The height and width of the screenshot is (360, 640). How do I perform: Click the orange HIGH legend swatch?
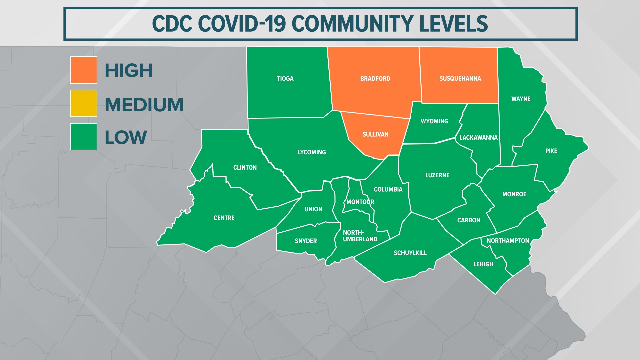(x=83, y=70)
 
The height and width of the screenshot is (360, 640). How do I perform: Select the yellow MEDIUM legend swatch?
(x=83, y=103)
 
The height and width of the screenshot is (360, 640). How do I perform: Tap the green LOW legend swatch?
(x=83, y=137)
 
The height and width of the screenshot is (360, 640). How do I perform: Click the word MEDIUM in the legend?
(x=144, y=105)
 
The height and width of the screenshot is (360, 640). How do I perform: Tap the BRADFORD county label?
(x=375, y=79)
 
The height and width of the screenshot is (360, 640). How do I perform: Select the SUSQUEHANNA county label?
(x=460, y=79)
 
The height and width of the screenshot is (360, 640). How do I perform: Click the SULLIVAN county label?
(x=375, y=134)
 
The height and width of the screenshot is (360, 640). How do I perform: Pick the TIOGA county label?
(x=285, y=79)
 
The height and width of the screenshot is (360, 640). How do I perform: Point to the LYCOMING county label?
(x=312, y=152)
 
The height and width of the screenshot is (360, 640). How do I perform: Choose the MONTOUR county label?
(x=360, y=202)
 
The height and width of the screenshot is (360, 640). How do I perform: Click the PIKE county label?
(x=551, y=151)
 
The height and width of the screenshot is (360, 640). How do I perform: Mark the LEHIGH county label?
(x=483, y=264)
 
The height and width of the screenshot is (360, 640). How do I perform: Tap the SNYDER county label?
(x=306, y=241)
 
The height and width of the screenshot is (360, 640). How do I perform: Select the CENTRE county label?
(x=224, y=218)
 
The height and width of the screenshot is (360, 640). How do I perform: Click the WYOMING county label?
(x=434, y=121)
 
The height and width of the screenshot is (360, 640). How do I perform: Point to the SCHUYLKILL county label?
(x=410, y=253)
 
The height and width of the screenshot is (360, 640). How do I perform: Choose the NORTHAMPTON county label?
(x=508, y=241)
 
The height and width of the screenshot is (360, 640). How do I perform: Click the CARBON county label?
(x=469, y=220)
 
